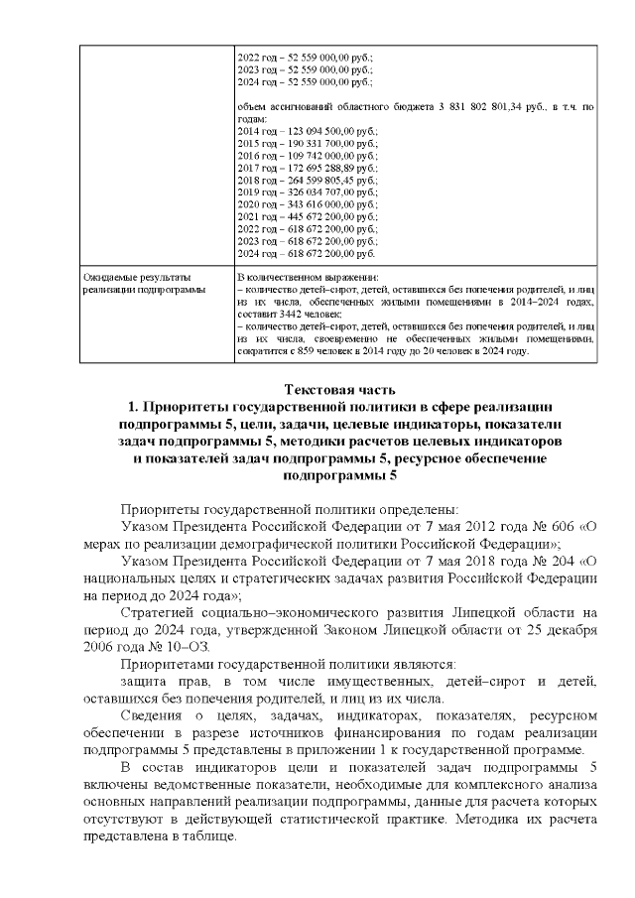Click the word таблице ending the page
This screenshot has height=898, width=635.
pos(212,835)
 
